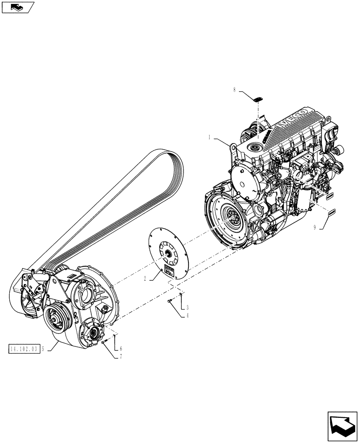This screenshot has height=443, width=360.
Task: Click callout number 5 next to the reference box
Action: [x=43, y=348]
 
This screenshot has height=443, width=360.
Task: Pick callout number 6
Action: [x=121, y=348]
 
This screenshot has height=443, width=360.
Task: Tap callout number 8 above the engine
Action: [x=235, y=90]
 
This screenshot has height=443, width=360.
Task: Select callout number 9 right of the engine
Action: [x=314, y=227]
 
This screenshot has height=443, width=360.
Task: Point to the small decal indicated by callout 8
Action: [x=258, y=98]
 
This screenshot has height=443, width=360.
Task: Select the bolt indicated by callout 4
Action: [x=170, y=302]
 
